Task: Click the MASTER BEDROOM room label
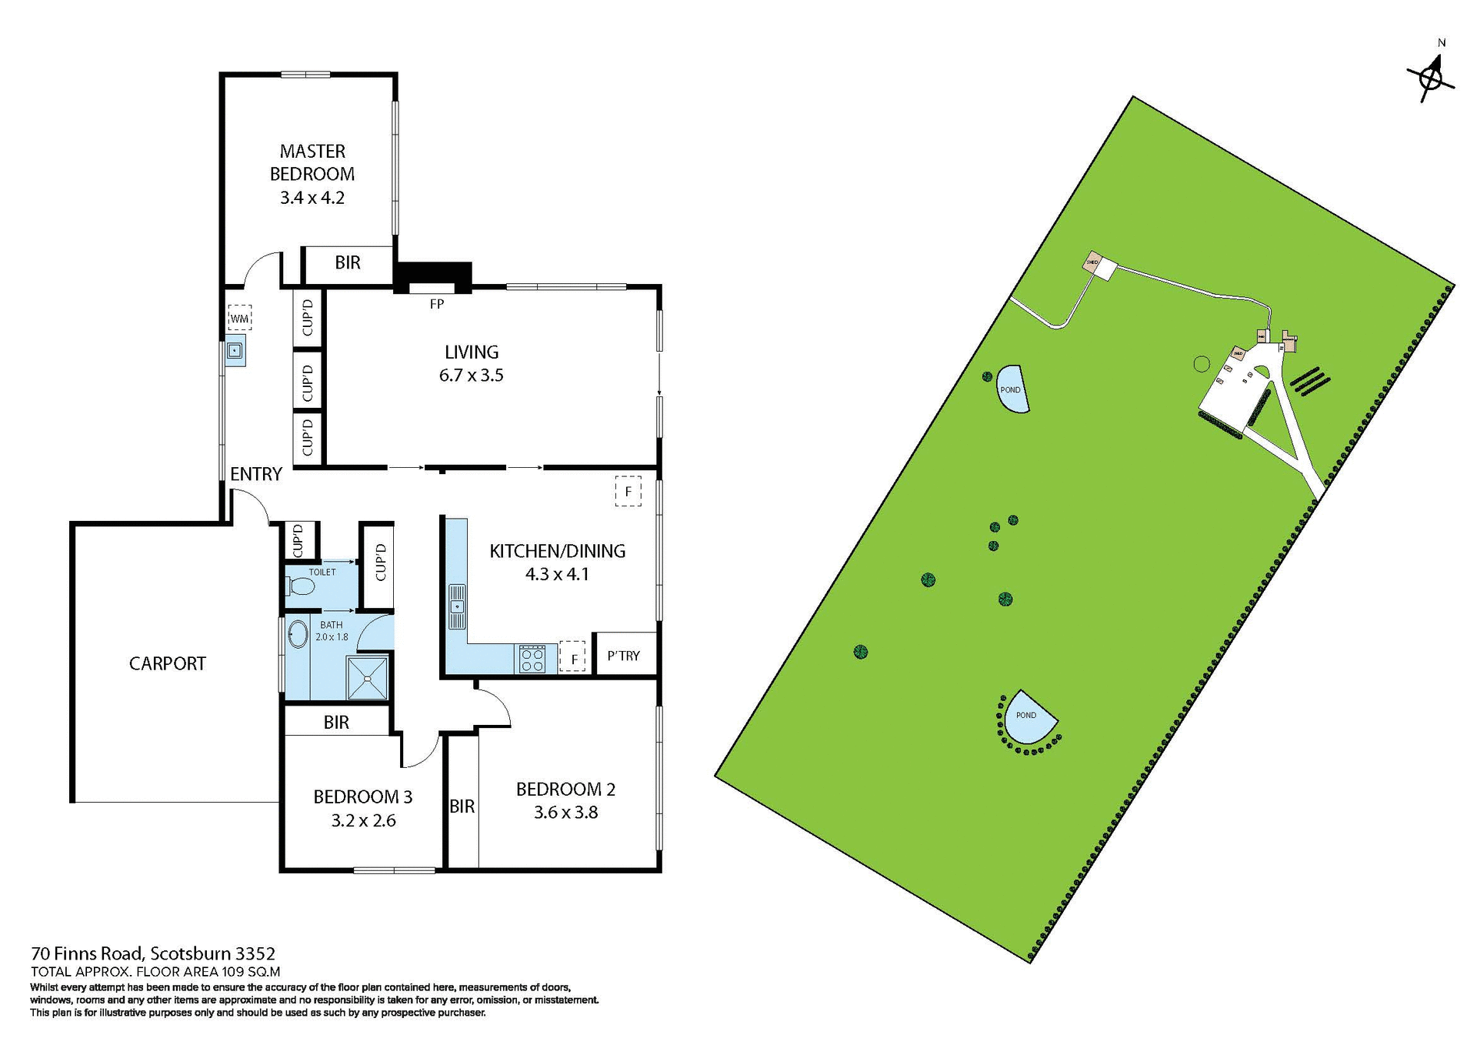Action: tap(312, 162)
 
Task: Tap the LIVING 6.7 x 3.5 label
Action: tap(471, 363)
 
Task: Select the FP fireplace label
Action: tap(436, 304)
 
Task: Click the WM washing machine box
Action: tap(239, 318)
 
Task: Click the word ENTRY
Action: tap(256, 474)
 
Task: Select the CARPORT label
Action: tap(167, 663)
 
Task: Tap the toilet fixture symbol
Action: tap(302, 587)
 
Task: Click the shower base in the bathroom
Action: tap(368, 678)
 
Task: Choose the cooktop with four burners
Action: tap(532, 659)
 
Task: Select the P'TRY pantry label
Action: tap(623, 656)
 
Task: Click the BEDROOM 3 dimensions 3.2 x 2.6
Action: tap(363, 821)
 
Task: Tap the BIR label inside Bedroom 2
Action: tap(462, 806)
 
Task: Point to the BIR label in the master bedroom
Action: tap(348, 262)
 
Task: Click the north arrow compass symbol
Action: tap(1431, 78)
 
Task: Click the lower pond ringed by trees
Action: tap(1029, 717)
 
